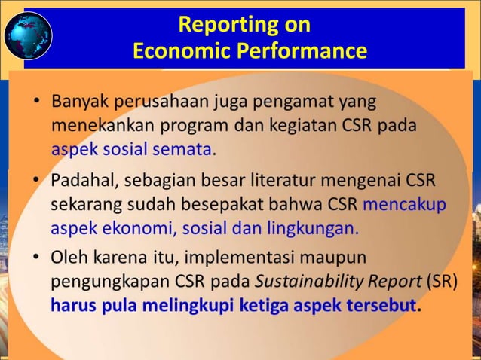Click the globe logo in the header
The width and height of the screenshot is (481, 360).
[x=28, y=35]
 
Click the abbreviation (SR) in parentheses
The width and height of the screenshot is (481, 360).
[x=441, y=282]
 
